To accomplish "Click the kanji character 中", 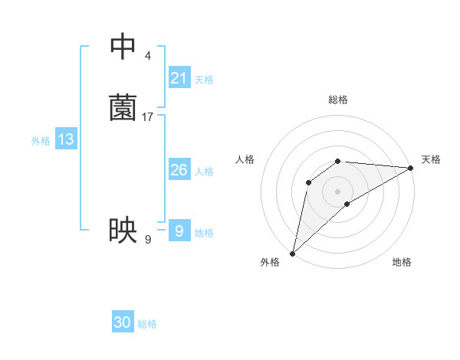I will pos(123,47).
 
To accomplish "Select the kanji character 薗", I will pos(123,108).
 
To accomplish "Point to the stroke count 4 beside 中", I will pos(147,56).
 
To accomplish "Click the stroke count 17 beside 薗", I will pos(148,117).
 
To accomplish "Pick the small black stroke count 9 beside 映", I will pos(148,240).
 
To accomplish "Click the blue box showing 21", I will pos(179,77).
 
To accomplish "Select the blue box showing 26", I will pos(179,170).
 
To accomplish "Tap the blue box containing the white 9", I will pos(179,231).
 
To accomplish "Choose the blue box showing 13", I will pos(66,139).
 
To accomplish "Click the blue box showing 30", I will pos(123,322).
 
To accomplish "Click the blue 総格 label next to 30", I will pos(147,324).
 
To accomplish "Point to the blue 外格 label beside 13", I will pos(41,141).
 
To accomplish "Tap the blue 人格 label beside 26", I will pos(205,172).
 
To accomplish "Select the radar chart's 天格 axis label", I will pos(431,159).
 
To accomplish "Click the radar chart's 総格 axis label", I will pos(338,100).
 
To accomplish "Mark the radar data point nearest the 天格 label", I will pos(411,168).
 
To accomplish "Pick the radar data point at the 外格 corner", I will pos(292,254).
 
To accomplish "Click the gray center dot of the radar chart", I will pos(337,191).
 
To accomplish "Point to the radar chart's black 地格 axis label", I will pos(402,262).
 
